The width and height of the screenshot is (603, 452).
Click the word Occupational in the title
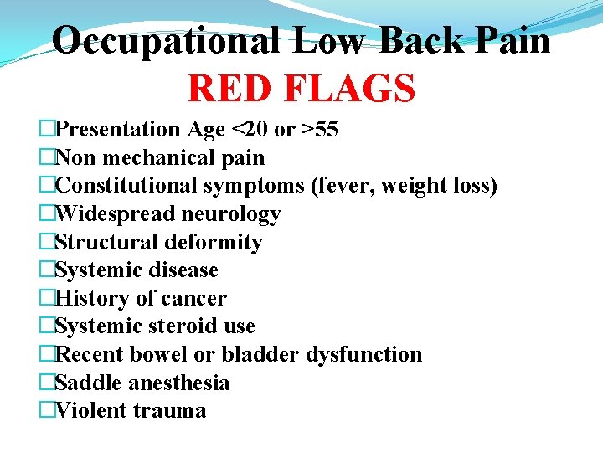click(165, 39)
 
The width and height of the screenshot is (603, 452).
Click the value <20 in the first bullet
click(249, 130)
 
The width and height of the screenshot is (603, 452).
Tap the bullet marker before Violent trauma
click(47, 411)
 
